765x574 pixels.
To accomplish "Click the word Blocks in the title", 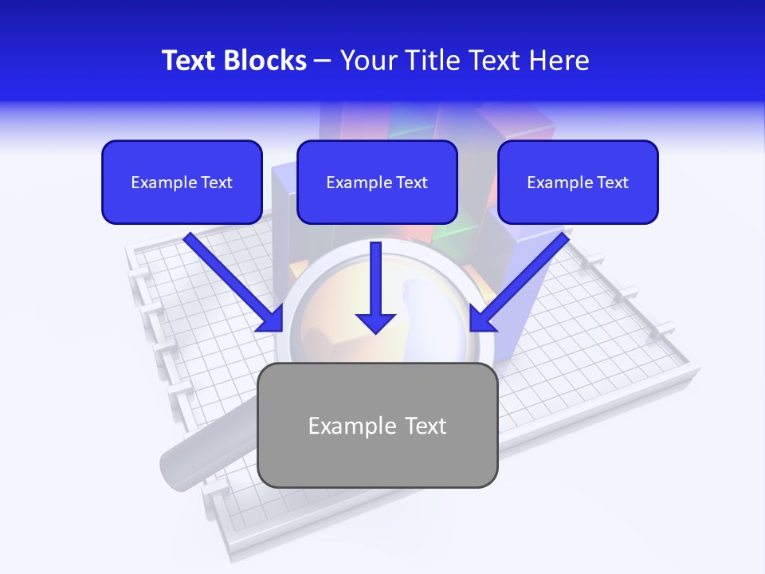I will tap(266, 61).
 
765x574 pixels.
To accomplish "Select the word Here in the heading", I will tap(558, 61).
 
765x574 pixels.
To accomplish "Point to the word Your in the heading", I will tap(367, 61).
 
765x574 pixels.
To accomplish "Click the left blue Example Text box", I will tap(182, 182).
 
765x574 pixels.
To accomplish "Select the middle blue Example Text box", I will tap(377, 182).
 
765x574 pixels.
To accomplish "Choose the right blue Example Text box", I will tap(578, 182).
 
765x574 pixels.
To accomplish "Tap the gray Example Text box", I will tap(377, 425).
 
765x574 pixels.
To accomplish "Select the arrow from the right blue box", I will tap(522, 279).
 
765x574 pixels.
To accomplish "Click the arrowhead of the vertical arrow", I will tap(375, 321).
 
